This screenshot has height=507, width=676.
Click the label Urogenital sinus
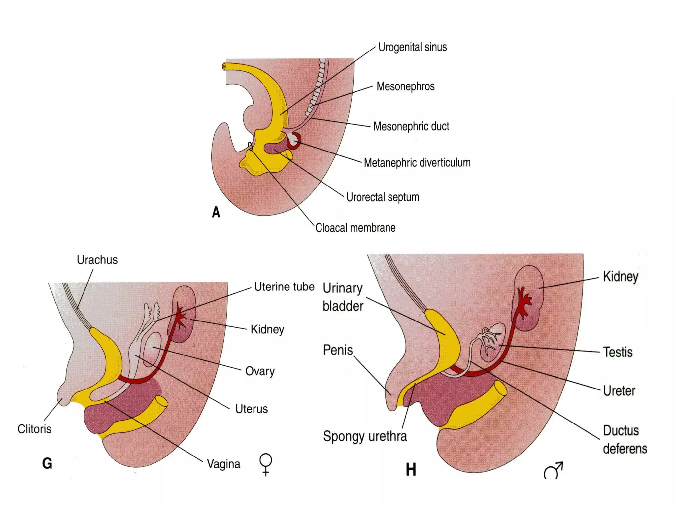(412, 47)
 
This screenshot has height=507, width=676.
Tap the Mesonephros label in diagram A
(405, 86)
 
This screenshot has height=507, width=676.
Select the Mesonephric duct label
(411, 126)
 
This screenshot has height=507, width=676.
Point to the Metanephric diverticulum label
(417, 163)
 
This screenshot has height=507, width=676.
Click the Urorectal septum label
(382, 197)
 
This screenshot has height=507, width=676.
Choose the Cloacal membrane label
(355, 228)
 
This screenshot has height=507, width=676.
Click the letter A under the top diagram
(216, 212)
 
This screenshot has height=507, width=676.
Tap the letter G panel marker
(47, 463)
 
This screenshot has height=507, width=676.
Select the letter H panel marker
(411, 469)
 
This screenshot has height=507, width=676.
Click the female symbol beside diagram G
(266, 464)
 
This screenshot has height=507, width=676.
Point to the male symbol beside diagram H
(553, 471)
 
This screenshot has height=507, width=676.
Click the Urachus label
(97, 260)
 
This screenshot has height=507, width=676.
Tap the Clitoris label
(34, 429)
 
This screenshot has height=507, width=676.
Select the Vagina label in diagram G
(223, 464)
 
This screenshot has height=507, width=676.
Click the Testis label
(618, 352)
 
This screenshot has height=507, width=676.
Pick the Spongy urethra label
(365, 436)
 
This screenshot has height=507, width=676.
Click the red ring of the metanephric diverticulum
(294, 141)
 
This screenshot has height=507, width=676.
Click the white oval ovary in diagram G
(152, 349)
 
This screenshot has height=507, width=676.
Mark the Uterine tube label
(284, 287)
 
